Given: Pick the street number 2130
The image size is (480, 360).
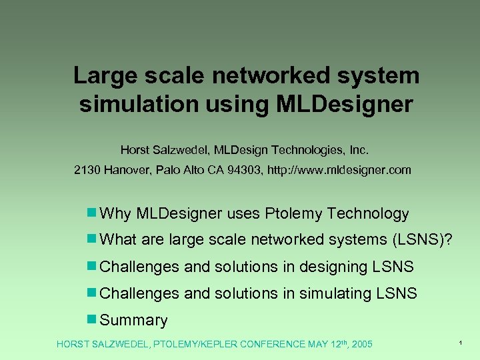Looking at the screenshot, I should click(87, 170).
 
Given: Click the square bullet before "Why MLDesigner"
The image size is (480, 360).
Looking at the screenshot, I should click(91, 213).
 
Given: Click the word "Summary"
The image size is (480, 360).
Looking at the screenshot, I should click(133, 320).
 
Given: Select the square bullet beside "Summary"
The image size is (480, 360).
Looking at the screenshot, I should click(91, 319).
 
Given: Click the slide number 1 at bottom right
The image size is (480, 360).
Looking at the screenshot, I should click(461, 342).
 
